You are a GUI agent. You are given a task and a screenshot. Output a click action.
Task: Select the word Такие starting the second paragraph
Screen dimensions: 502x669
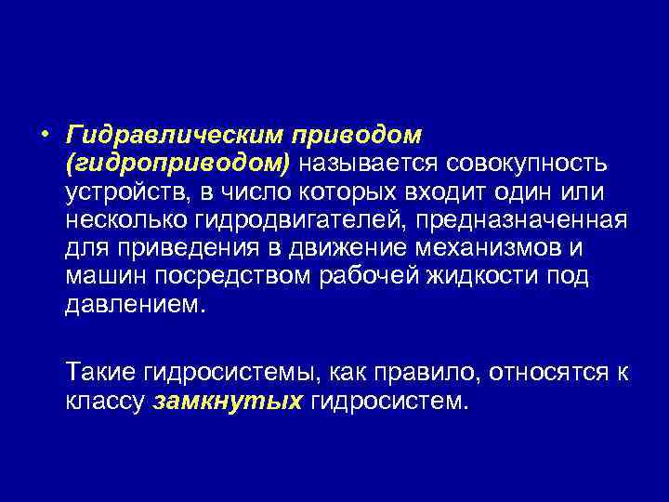[x=101, y=374]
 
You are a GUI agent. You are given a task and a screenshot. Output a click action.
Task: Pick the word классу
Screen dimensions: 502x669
[x=103, y=403]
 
